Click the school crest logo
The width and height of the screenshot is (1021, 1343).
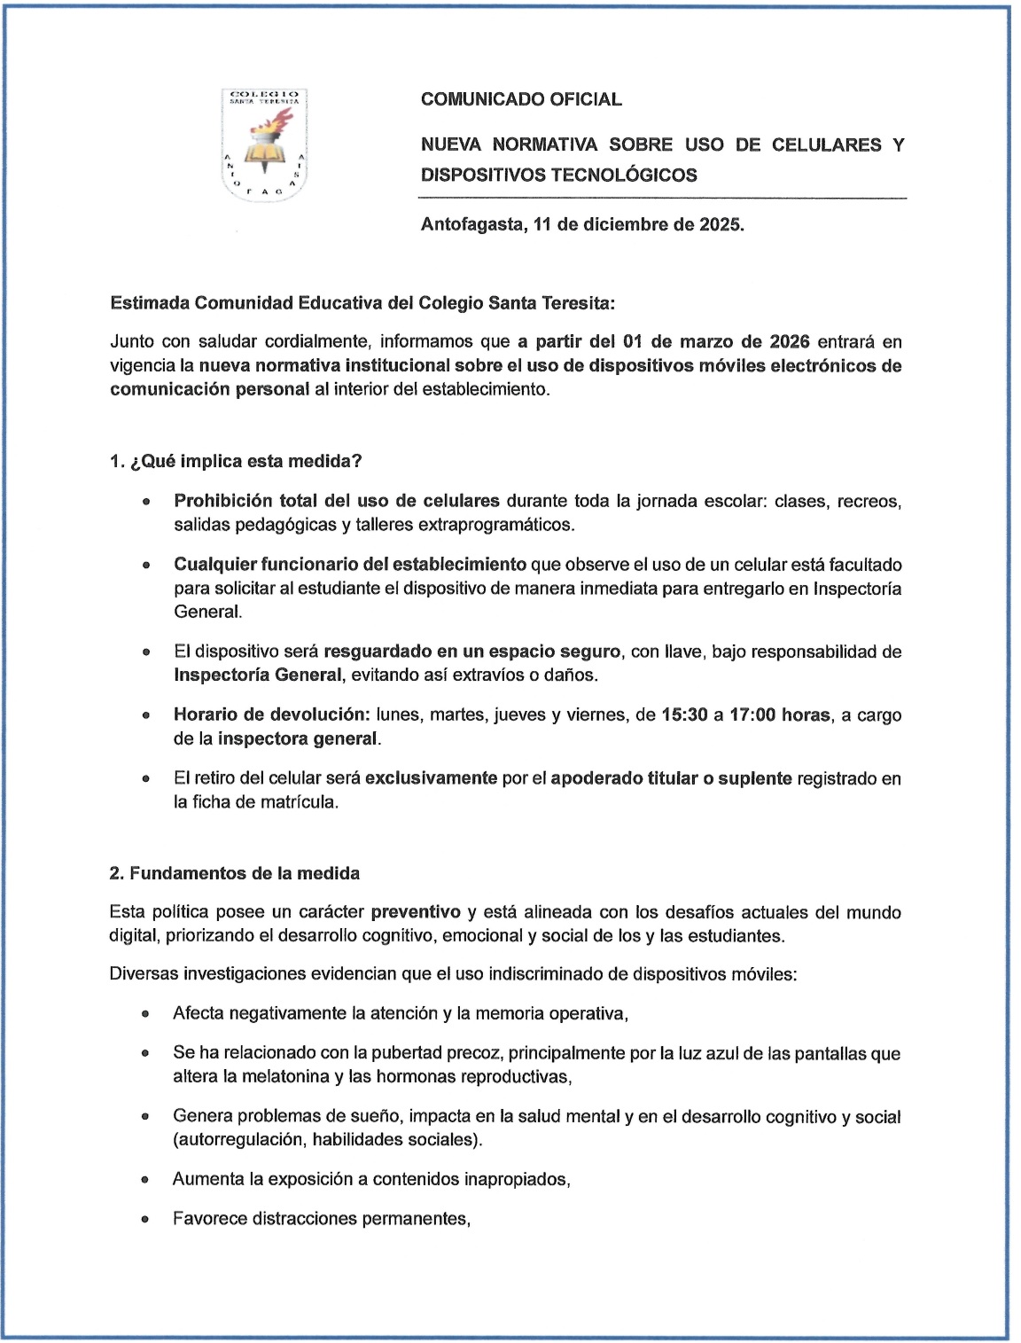coord(263,144)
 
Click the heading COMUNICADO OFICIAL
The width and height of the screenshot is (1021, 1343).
coord(521,99)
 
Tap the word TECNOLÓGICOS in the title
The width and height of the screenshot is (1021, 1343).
coord(624,175)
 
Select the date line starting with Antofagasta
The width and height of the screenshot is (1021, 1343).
coord(582,224)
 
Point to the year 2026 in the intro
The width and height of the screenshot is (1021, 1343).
coord(789,341)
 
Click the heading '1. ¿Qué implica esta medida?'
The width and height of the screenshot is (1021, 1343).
coord(236,462)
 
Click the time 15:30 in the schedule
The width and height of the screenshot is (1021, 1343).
coord(684,714)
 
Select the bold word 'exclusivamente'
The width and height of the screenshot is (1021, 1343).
coord(431,778)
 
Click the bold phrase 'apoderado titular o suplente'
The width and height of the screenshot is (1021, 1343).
coord(671,778)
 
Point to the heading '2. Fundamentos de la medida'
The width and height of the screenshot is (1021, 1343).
coord(235,873)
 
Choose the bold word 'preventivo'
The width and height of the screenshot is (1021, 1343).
coord(416,912)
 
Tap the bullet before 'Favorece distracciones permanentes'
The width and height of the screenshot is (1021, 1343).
coord(144,1219)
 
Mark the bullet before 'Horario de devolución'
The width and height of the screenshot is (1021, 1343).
coord(144,714)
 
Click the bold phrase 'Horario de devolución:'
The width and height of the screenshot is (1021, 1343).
coord(271,714)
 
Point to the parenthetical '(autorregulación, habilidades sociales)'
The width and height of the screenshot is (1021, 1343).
coord(328,1140)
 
